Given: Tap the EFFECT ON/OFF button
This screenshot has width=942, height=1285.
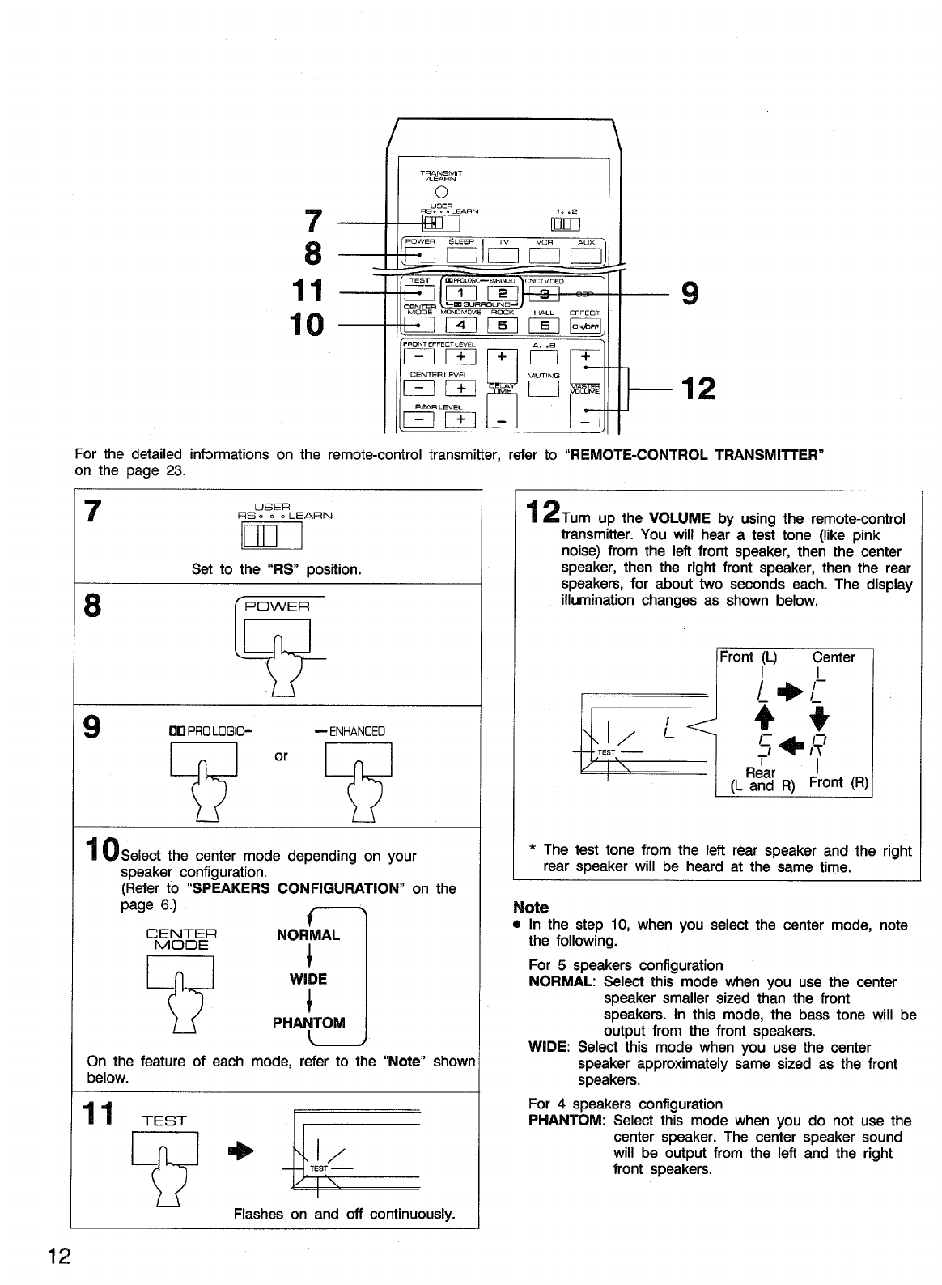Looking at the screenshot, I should click(584, 326).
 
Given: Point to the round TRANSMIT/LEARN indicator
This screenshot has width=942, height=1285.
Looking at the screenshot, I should click(441, 192).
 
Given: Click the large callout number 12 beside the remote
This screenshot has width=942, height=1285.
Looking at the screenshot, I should click(698, 389).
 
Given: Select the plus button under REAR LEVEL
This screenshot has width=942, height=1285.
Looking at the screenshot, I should click(460, 419).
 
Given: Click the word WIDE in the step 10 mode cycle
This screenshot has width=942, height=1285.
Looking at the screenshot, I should click(308, 979).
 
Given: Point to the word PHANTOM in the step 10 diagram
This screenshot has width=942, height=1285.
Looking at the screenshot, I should click(308, 1022).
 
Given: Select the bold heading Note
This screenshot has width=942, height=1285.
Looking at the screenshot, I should click(531, 907).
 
